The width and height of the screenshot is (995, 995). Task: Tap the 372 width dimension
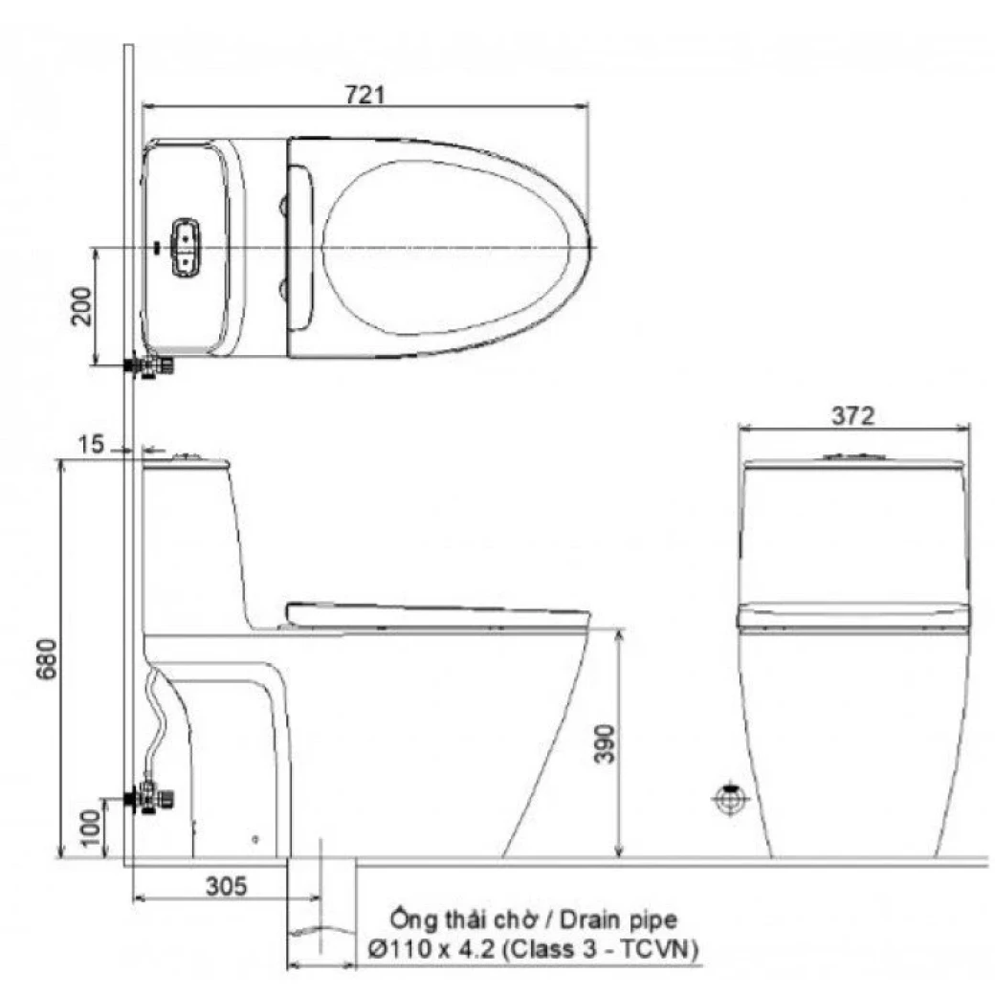[x=853, y=415]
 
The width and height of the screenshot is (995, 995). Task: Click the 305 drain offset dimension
[x=226, y=886]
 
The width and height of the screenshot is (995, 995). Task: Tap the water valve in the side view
[x=149, y=795]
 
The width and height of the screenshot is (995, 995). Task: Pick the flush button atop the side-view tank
[x=188, y=457]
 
